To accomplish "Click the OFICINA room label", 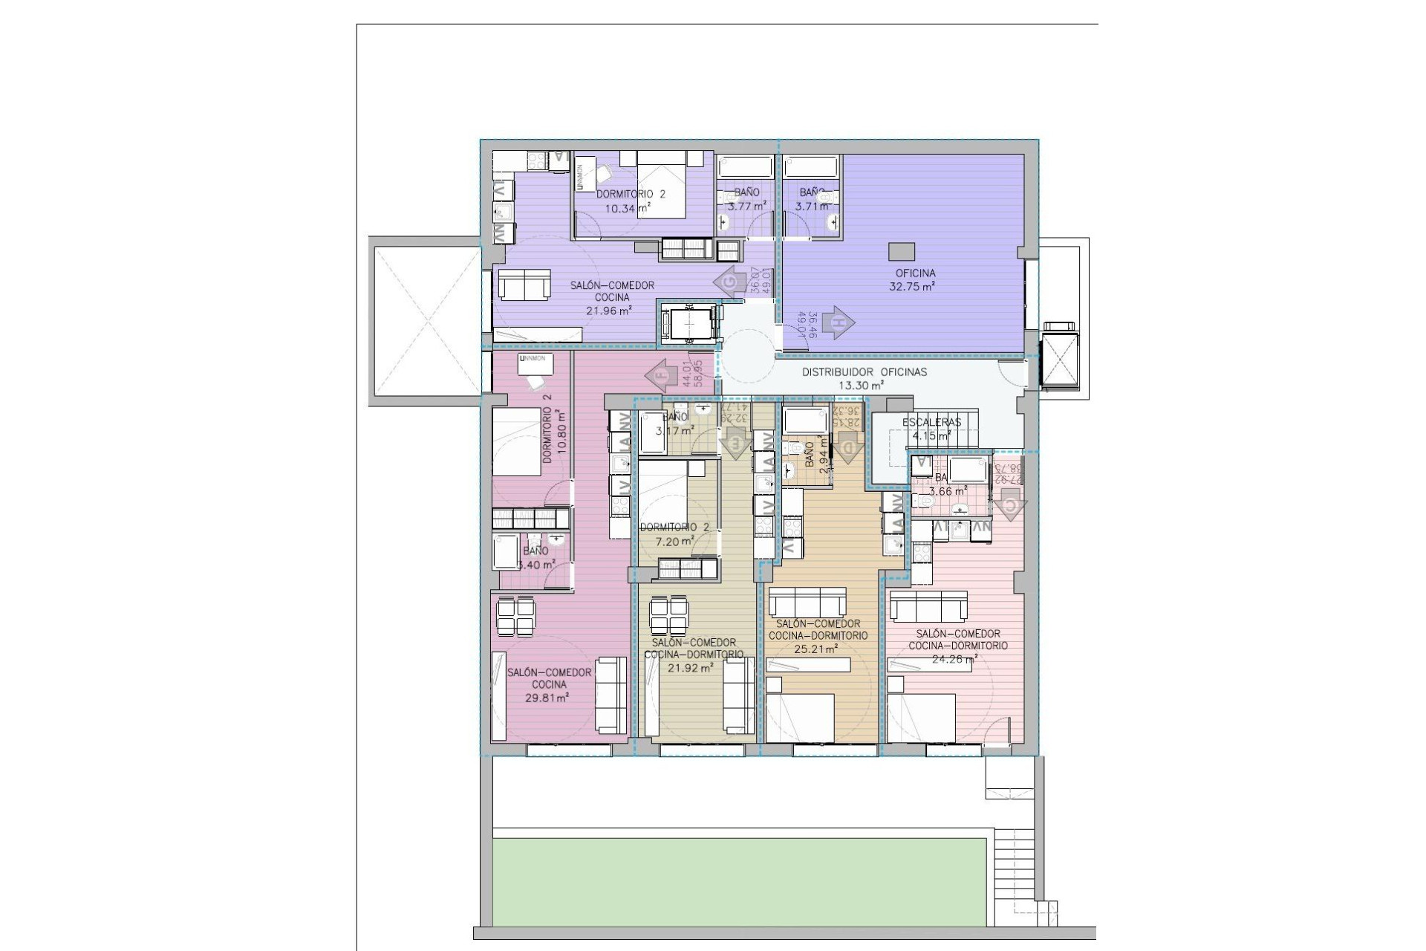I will [x=915, y=273].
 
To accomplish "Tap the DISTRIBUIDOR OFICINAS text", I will [x=865, y=371].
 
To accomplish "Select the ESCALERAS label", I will [x=931, y=422].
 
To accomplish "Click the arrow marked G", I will [x=729, y=283].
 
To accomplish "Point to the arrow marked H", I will [x=839, y=322].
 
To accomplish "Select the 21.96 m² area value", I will [x=609, y=311].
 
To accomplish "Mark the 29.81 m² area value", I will [x=547, y=698].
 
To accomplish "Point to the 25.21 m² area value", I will [x=816, y=648].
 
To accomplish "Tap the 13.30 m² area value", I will [x=862, y=385].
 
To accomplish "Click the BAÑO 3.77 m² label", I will [x=746, y=200].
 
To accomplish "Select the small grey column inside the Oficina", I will [x=902, y=251].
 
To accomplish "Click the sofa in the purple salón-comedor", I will [x=524, y=285].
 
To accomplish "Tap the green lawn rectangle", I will [x=739, y=882].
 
